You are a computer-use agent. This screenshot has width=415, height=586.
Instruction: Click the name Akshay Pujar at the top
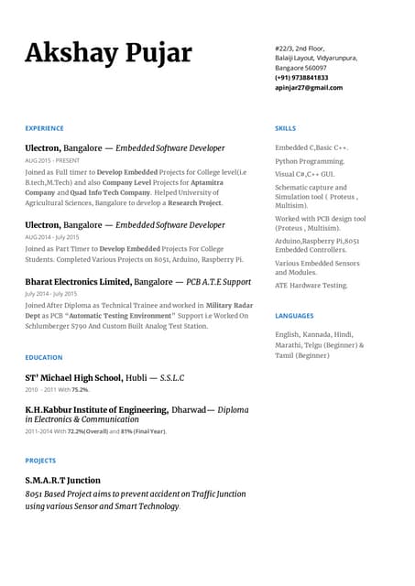[x=108, y=53]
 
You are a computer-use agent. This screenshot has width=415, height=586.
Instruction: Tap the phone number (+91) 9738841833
[x=301, y=78]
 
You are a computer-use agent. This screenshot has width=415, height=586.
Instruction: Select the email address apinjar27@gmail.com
[x=309, y=88]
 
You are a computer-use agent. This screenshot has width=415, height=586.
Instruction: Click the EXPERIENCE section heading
[x=44, y=128]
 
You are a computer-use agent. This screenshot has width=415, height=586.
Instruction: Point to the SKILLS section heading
[x=285, y=128]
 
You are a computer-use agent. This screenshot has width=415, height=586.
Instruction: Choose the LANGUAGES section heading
[x=294, y=316]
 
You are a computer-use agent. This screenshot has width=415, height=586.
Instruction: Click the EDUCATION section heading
[x=44, y=357]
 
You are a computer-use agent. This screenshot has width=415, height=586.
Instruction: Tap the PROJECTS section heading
[x=40, y=461]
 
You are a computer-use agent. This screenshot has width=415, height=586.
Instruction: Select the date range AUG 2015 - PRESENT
[x=52, y=160]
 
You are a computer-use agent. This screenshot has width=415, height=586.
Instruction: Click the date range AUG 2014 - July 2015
[x=52, y=237]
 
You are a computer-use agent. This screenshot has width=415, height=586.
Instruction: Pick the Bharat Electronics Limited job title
[x=78, y=282]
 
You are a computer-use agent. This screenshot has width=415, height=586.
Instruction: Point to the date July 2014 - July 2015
[x=50, y=294]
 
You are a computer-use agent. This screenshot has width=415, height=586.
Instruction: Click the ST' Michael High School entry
[x=73, y=377]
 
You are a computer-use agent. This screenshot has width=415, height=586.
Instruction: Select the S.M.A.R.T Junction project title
[x=62, y=480]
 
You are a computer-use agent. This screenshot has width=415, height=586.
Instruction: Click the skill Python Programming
[x=310, y=161]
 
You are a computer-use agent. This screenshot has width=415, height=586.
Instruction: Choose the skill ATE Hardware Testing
[x=311, y=286]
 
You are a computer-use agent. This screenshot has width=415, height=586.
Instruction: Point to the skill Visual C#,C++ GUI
[x=304, y=174]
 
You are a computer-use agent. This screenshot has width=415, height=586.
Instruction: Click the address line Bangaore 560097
[x=300, y=68]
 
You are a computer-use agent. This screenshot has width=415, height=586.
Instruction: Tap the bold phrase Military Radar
[x=231, y=305]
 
